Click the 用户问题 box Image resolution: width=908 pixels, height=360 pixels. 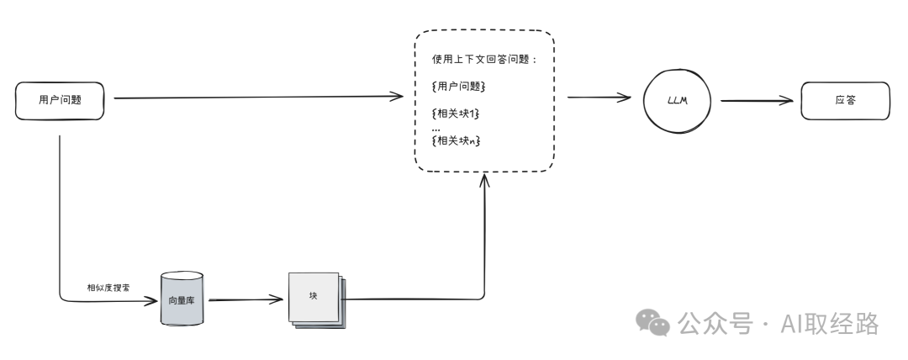(60, 99)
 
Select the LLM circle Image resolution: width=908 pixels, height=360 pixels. (676, 99)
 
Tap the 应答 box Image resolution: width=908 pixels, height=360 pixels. (844, 99)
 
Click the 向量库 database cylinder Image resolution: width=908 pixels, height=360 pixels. (182, 299)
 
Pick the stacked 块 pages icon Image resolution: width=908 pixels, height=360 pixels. (314, 299)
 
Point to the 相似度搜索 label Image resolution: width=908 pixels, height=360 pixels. (108, 288)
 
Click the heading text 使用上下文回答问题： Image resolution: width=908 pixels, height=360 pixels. (484, 61)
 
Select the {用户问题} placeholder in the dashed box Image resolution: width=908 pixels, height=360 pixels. (458, 87)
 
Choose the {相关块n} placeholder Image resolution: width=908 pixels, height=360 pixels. (457, 140)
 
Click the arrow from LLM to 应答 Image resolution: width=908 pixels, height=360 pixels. (757, 100)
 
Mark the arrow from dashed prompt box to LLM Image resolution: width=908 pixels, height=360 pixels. (599, 98)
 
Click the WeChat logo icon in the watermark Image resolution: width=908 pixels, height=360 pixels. (652, 322)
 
